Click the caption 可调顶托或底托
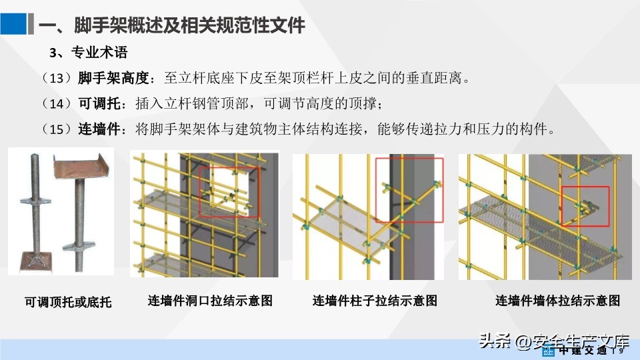coord(68,302)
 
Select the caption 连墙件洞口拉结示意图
coord(210,301)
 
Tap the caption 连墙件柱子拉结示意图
coord(375,301)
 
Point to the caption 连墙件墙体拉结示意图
coord(557,301)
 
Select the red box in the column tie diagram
coord(409,190)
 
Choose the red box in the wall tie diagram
coord(585,205)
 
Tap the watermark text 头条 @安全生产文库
coord(553,341)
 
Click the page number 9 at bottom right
coord(621,350)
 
